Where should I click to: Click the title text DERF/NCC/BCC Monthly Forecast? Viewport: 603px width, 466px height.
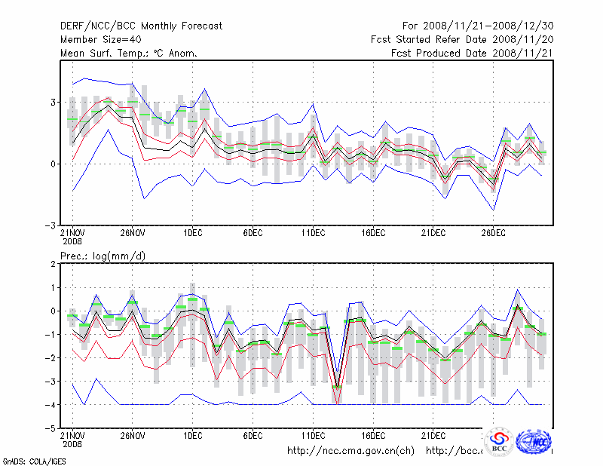tap(141, 26)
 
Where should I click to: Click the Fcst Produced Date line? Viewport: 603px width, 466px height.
tap(472, 53)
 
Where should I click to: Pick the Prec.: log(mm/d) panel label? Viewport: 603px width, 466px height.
tap(103, 256)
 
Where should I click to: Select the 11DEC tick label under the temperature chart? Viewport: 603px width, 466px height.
tap(313, 234)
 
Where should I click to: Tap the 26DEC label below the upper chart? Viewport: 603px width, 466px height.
tap(494, 234)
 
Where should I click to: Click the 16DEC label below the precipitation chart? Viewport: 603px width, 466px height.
tap(373, 435)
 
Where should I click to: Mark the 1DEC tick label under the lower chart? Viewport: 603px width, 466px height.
tap(192, 435)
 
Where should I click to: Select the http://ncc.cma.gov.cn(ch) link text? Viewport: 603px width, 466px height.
tap(350, 450)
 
